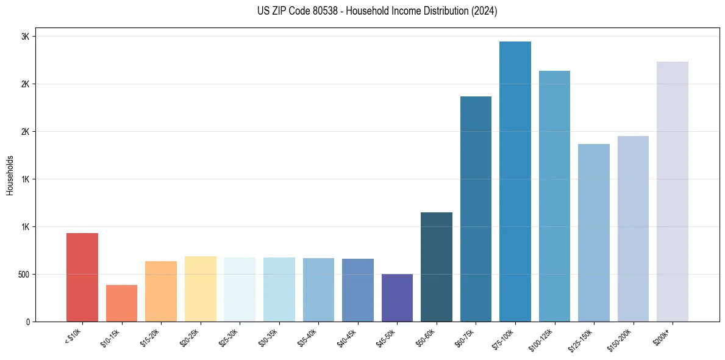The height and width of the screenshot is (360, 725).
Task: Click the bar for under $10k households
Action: click(x=82, y=278)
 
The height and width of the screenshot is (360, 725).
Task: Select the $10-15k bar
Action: click(x=121, y=303)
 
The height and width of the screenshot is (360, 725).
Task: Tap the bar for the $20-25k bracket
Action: click(x=200, y=289)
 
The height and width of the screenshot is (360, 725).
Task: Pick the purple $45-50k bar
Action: click(x=397, y=298)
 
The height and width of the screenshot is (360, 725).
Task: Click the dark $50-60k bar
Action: click(x=437, y=267)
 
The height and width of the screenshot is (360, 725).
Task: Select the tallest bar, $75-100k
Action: click(x=515, y=182)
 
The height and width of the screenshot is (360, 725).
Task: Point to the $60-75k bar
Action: click(x=476, y=209)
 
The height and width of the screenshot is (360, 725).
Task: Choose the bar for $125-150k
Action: click(x=594, y=233)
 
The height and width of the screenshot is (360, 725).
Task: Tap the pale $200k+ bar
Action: click(x=673, y=192)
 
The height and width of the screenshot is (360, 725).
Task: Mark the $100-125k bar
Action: click(x=554, y=196)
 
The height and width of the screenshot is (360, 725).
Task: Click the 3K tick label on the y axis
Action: click(x=25, y=37)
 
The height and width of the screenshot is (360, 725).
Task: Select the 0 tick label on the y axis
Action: click(x=27, y=322)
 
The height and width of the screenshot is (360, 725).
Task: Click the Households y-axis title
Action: click(x=10, y=175)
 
